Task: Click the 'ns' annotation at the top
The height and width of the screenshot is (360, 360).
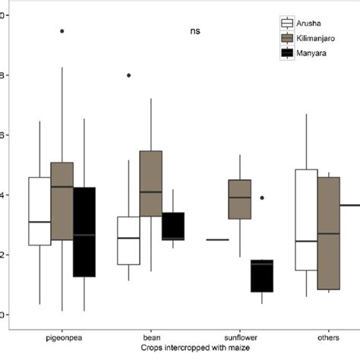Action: [x=196, y=31]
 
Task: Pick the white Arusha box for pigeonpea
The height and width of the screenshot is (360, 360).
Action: [x=39, y=211]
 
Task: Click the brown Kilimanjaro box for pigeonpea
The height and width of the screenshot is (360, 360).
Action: [x=62, y=201]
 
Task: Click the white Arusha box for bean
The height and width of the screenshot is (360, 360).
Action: [x=129, y=241]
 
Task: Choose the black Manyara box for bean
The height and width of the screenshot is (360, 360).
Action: [x=173, y=226]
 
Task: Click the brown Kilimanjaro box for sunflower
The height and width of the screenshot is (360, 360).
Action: [x=240, y=199]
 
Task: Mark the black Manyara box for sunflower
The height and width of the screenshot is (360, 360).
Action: [x=262, y=276]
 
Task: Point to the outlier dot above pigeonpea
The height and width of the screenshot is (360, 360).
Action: [x=62, y=31]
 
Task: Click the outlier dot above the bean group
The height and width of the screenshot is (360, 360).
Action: [x=129, y=75]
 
